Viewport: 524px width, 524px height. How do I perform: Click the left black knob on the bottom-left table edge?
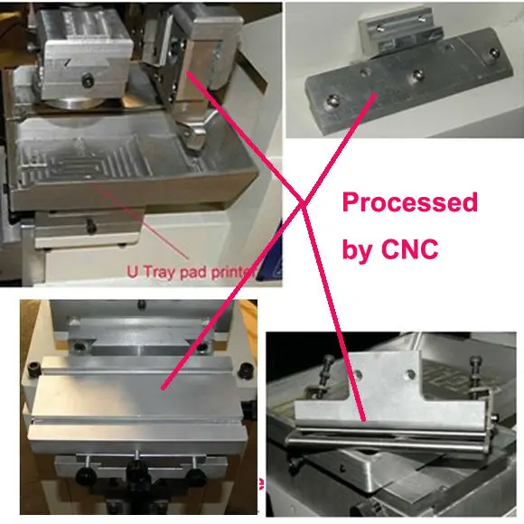(x=37, y=369)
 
